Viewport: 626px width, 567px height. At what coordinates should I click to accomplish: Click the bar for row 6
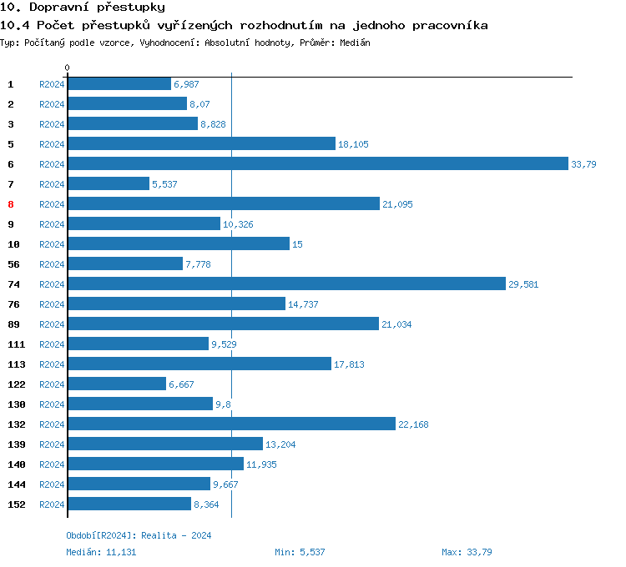(x=317, y=164)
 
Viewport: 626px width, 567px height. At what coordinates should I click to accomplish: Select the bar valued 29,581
(x=286, y=284)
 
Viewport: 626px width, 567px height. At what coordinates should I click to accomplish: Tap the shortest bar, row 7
(x=109, y=184)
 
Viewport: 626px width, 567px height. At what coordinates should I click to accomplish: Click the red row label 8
(x=11, y=204)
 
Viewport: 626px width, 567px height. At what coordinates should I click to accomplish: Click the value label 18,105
(x=353, y=144)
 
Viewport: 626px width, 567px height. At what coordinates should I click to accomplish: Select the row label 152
(x=16, y=504)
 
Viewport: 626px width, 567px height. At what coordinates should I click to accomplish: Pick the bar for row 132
(x=231, y=424)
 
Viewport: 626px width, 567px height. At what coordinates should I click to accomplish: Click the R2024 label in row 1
(x=52, y=84)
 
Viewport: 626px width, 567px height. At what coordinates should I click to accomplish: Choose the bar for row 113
(x=199, y=364)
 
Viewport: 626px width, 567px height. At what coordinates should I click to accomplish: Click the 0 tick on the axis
(x=68, y=68)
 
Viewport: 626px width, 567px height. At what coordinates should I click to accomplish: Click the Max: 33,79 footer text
(x=467, y=552)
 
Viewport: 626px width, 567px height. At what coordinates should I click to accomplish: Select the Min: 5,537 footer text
(x=300, y=552)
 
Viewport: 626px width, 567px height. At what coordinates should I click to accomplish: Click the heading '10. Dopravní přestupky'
(x=82, y=8)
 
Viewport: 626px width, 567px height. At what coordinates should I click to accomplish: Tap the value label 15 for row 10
(x=297, y=244)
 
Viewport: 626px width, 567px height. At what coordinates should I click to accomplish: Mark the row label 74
(x=13, y=284)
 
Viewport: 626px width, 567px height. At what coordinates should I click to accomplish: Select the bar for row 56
(x=125, y=264)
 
